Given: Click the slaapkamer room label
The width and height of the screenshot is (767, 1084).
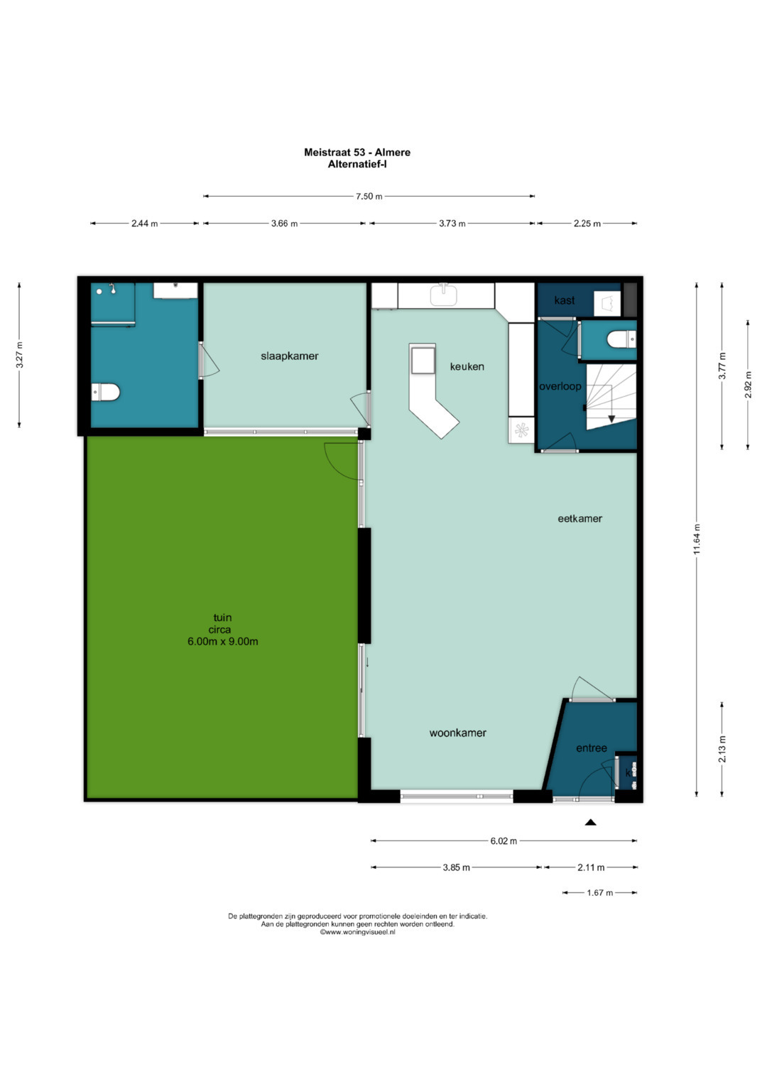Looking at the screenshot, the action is pyautogui.click(x=290, y=356).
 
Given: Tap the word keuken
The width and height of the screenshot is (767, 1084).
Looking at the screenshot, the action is pyautogui.click(x=467, y=366).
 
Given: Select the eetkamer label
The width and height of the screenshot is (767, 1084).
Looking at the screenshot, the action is pyautogui.click(x=580, y=518).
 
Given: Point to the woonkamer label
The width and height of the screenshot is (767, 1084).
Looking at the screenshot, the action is pyautogui.click(x=457, y=733).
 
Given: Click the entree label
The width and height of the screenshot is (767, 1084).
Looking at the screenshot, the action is pyautogui.click(x=591, y=748).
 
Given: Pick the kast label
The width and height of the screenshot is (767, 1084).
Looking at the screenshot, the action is pyautogui.click(x=564, y=300).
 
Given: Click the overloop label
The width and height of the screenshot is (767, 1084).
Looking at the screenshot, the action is pyautogui.click(x=560, y=387).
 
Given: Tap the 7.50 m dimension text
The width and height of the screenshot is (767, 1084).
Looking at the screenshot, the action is pyautogui.click(x=369, y=197).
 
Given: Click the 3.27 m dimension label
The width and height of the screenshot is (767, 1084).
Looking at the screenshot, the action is pyautogui.click(x=19, y=355).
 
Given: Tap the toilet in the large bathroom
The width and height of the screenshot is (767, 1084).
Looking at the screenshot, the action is pyautogui.click(x=106, y=392).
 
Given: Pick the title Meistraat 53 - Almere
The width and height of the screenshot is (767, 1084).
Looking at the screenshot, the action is pyautogui.click(x=357, y=153).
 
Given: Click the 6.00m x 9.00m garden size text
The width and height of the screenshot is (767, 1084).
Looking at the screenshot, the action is pyautogui.click(x=223, y=642).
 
